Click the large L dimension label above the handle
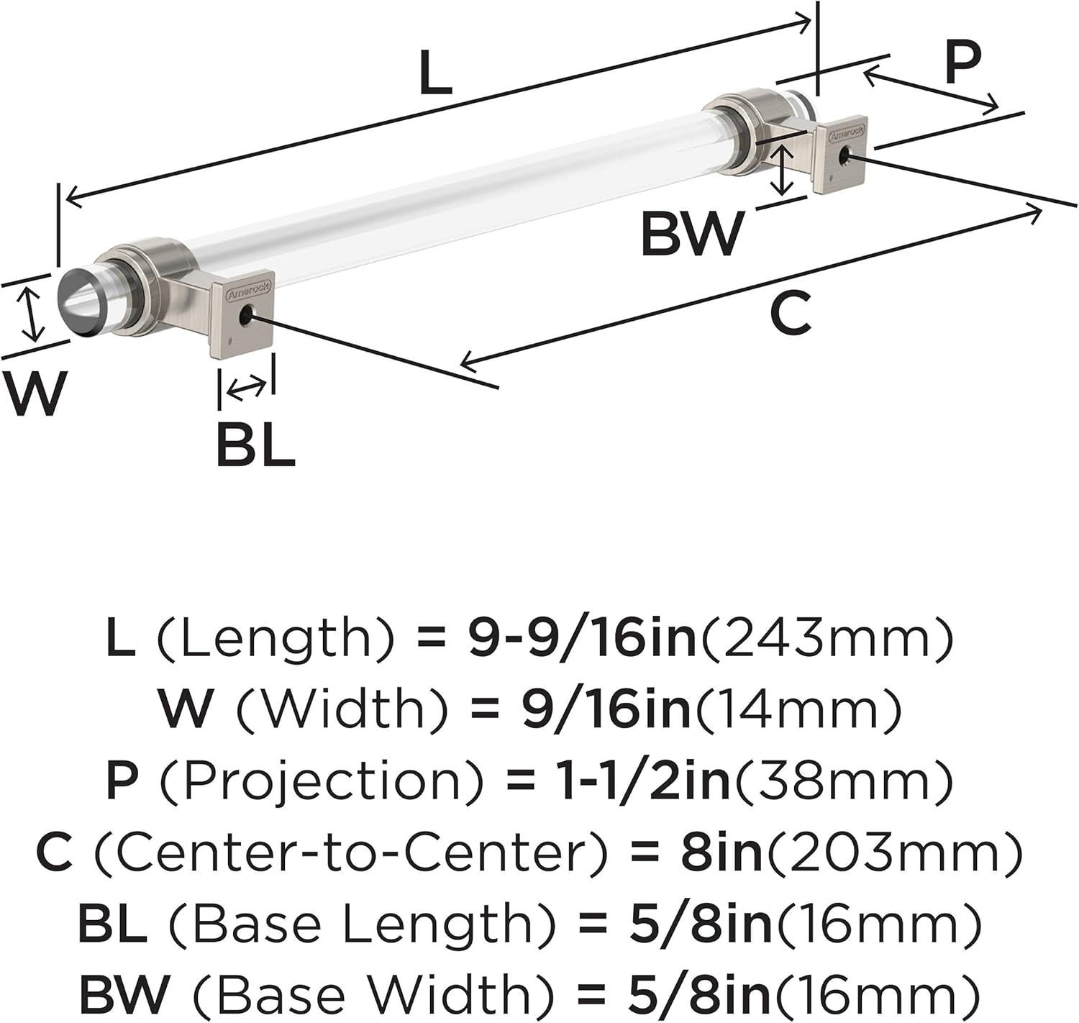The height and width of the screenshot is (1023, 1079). pyautogui.click(x=435, y=72)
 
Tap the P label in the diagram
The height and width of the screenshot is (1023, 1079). pyautogui.click(x=962, y=62)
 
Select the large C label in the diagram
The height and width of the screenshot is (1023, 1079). pyautogui.click(x=791, y=312)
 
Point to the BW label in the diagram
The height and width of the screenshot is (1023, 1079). pyautogui.click(x=693, y=233)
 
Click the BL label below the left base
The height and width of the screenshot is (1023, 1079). pyautogui.click(x=256, y=445)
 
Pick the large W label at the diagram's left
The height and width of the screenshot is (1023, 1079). pyautogui.click(x=34, y=393)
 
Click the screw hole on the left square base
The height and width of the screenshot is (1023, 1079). pyautogui.click(x=246, y=315)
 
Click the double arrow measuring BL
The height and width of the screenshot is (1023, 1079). pyautogui.click(x=247, y=389)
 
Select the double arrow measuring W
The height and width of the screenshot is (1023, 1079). pyautogui.click(x=31, y=316)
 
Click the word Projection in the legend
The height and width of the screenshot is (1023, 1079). pyautogui.click(x=321, y=781)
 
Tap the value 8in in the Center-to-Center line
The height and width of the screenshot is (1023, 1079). pyautogui.click(x=721, y=852)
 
